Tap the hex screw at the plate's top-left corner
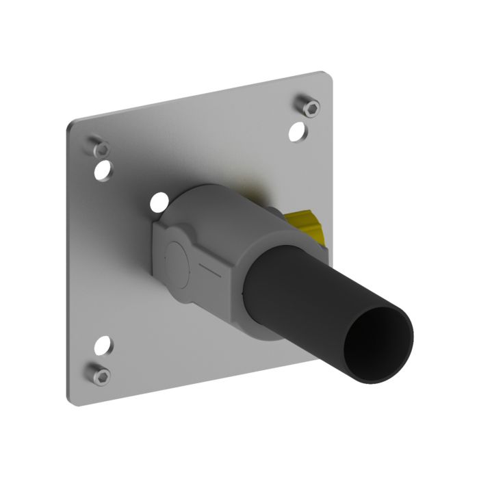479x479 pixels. [100, 147]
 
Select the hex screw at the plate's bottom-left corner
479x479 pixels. [100, 374]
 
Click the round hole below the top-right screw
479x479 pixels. [297, 131]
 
